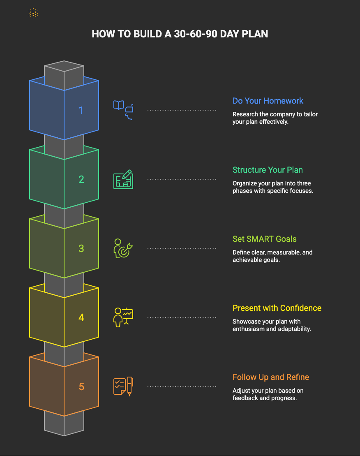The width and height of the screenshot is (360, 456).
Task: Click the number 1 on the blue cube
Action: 81,110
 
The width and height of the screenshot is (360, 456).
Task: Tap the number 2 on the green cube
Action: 81,179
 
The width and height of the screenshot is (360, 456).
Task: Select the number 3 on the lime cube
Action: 81,248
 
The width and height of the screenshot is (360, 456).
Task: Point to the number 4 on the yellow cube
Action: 81,317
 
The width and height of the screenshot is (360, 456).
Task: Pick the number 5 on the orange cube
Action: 81,387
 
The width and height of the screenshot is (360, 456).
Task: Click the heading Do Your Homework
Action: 268,101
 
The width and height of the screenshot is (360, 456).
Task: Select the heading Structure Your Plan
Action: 268,170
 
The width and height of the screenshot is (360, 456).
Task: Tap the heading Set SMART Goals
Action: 264,239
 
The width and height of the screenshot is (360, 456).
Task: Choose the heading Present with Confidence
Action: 277,308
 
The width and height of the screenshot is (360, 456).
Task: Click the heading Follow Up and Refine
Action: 271,377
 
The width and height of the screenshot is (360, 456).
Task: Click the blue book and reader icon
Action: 123,110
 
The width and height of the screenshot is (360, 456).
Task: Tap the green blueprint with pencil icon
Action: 123,179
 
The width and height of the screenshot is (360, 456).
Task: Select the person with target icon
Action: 123,248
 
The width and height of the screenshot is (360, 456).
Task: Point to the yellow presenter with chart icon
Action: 123,317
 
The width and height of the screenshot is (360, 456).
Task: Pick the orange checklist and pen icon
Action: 123,387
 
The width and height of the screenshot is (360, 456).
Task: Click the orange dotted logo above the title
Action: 33,14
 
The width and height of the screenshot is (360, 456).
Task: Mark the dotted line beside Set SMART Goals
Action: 182,248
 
